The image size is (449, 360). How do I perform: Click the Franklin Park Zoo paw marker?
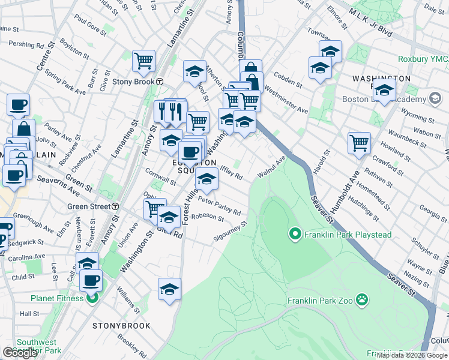click(x=362, y=299)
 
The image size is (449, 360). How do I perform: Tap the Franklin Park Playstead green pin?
click(x=295, y=233)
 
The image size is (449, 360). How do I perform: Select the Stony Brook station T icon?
click(x=160, y=82)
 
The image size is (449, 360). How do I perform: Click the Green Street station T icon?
click(x=114, y=206)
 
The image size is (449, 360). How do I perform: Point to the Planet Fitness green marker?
click(x=92, y=297)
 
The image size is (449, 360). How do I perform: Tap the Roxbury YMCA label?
click(x=423, y=59)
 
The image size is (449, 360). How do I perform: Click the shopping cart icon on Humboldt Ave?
click(x=359, y=143)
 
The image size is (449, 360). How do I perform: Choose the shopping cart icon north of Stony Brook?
click(x=144, y=61)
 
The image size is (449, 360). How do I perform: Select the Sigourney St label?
click(x=230, y=233)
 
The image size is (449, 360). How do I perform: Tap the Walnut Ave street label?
click(x=271, y=166)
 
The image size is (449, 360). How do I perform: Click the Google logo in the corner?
click(x=20, y=353)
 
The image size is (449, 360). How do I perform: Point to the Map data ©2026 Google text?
click(x=412, y=355)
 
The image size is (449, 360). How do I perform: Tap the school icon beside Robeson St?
click(x=169, y=217)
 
